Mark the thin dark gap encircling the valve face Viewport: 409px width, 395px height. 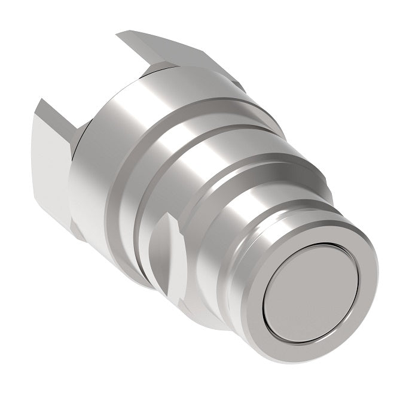267,299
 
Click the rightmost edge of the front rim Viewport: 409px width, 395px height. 377,281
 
